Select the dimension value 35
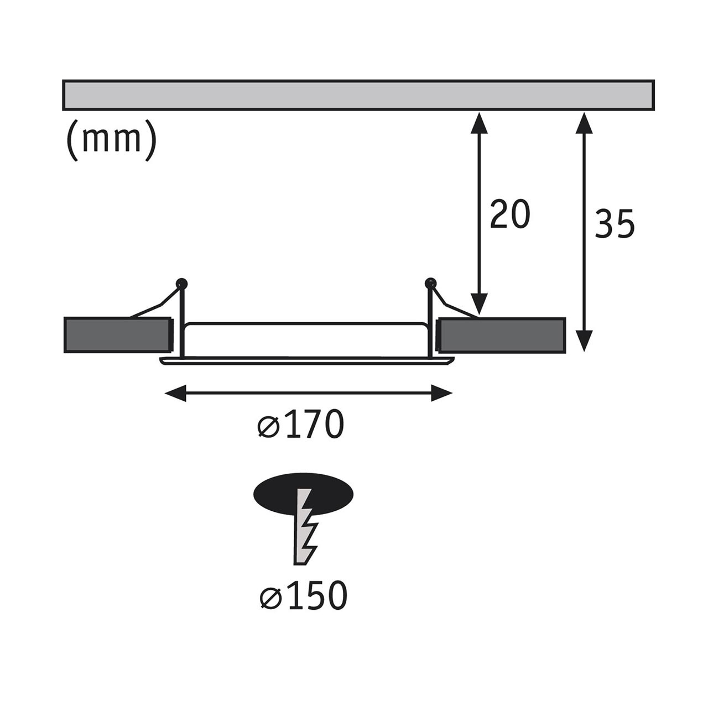click(615, 224)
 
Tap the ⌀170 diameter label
click(301, 426)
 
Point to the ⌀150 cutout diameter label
click(304, 596)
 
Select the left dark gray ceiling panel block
click(116, 334)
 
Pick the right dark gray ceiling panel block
click(501, 334)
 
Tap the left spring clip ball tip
click(181, 284)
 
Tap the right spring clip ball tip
click(430, 284)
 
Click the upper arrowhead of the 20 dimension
click(479, 122)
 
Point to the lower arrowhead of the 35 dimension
click(584, 340)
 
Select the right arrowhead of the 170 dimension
click(442, 394)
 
